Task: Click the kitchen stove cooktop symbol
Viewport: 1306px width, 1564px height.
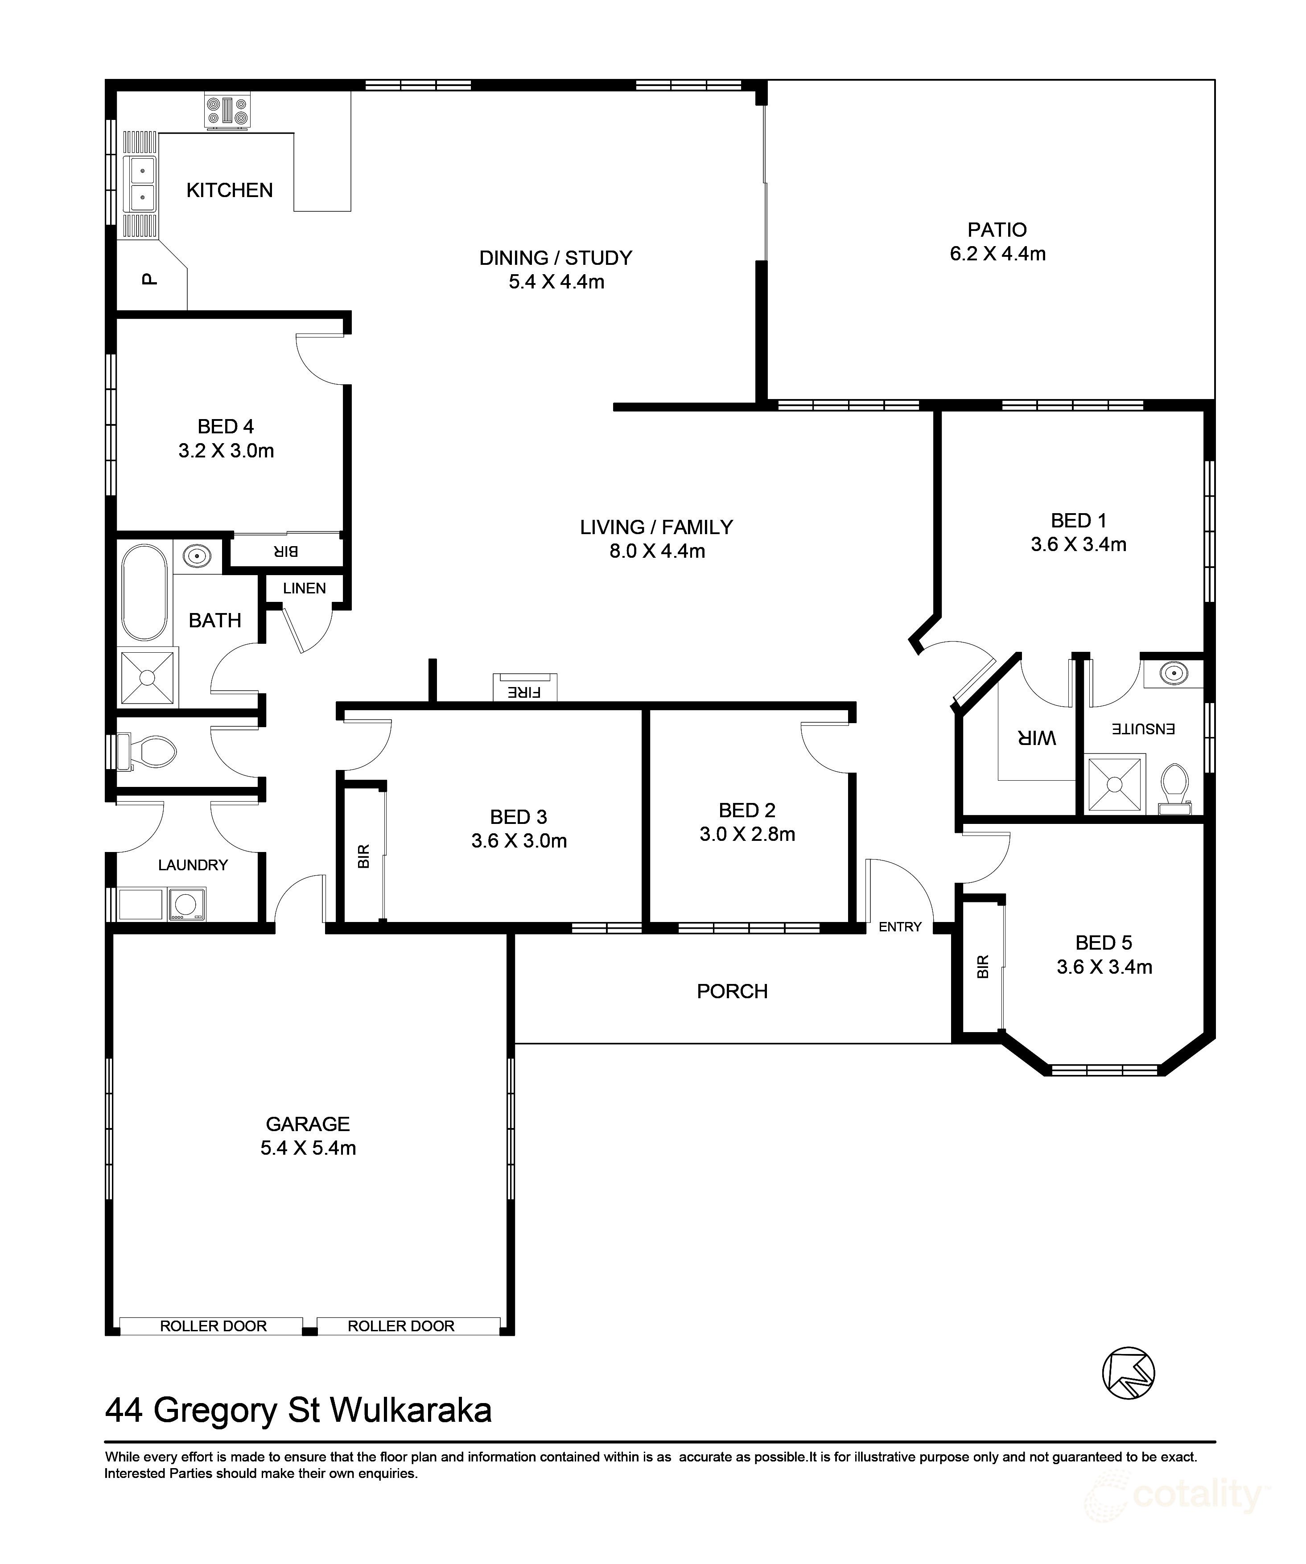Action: click(x=228, y=111)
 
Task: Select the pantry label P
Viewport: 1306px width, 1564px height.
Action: click(x=150, y=279)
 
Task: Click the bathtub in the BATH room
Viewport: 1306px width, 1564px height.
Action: click(x=144, y=593)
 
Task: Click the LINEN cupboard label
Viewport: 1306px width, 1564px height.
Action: click(x=304, y=589)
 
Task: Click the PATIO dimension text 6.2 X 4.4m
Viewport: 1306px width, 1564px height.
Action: click(x=997, y=254)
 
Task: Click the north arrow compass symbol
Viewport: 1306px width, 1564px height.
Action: click(x=1128, y=1373)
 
